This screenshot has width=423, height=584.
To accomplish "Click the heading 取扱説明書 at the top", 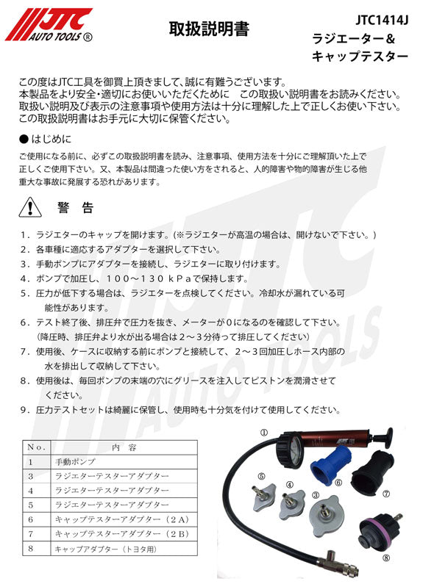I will click(x=209, y=29).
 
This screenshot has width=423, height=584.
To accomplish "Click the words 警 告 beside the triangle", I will click(x=75, y=209).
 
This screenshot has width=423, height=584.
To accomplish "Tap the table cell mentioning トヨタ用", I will click(x=102, y=548).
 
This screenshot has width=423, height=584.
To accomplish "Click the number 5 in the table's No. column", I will click(x=31, y=505).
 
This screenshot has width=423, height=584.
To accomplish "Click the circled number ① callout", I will click(x=264, y=432).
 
